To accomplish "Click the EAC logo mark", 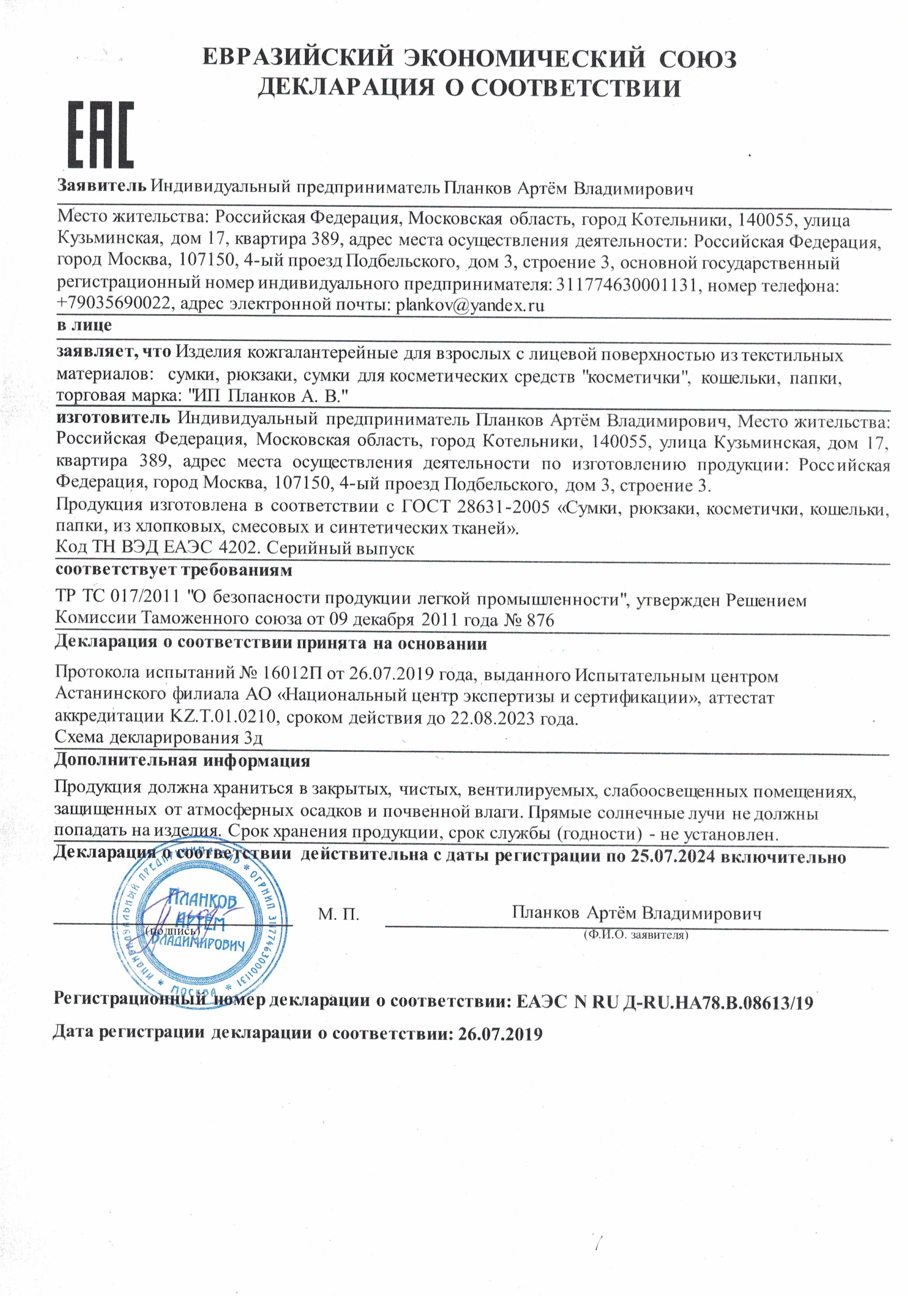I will (101, 135).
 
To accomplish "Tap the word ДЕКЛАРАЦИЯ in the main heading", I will (346, 88).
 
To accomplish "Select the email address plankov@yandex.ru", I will (470, 305).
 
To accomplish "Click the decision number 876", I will (540, 620).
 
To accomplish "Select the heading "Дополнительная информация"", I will (182, 761).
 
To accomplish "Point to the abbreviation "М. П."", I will (338, 914).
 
